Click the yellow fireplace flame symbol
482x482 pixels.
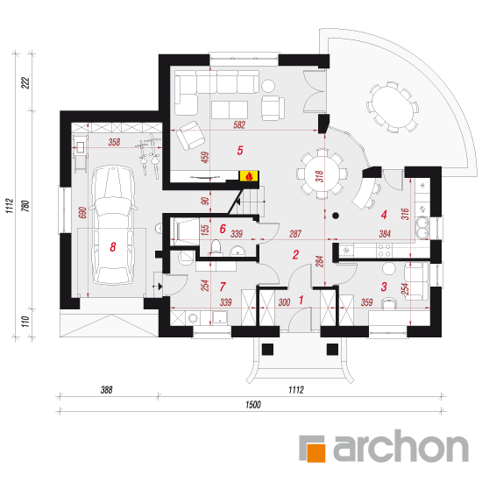pyautogui.click(x=249, y=176)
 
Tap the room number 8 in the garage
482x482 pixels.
pyautogui.click(x=113, y=247)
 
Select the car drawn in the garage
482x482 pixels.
pyautogui.click(x=113, y=225)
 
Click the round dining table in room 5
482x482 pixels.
pyautogui.click(x=323, y=174)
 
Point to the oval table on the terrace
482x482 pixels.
pyautogui.click(x=393, y=107)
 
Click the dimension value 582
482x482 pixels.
pyautogui.click(x=239, y=124)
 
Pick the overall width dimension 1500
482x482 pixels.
pyautogui.click(x=253, y=405)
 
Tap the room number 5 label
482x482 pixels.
pyautogui.click(x=240, y=151)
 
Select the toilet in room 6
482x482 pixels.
pyautogui.click(x=216, y=247)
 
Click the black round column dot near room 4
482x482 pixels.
pyautogui.click(x=336, y=216)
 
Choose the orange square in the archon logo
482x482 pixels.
pyautogui.click(x=315, y=451)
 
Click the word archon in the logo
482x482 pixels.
pyautogui.click(x=400, y=446)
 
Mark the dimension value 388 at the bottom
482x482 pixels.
pyautogui.click(x=107, y=390)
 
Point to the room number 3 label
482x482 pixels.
pyautogui.click(x=384, y=287)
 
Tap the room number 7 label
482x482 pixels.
pyautogui.click(x=223, y=287)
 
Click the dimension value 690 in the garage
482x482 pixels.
pyautogui.click(x=82, y=213)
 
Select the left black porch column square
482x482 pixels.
pyautogui.click(x=267, y=349)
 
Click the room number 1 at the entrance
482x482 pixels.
pyautogui.click(x=301, y=300)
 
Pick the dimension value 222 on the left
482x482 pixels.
pyautogui.click(x=25, y=82)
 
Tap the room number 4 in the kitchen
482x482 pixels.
pyautogui.click(x=384, y=215)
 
